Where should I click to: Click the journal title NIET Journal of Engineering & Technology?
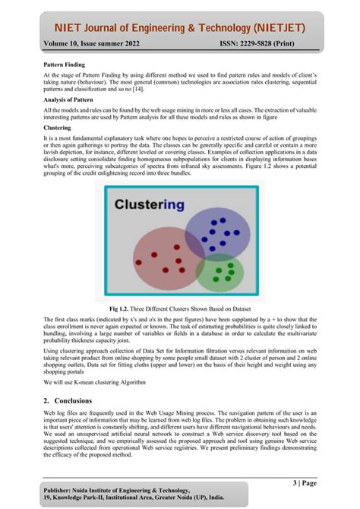click(x=179, y=28)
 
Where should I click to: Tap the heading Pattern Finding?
click(x=65, y=67)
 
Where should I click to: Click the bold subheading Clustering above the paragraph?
click(x=58, y=128)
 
